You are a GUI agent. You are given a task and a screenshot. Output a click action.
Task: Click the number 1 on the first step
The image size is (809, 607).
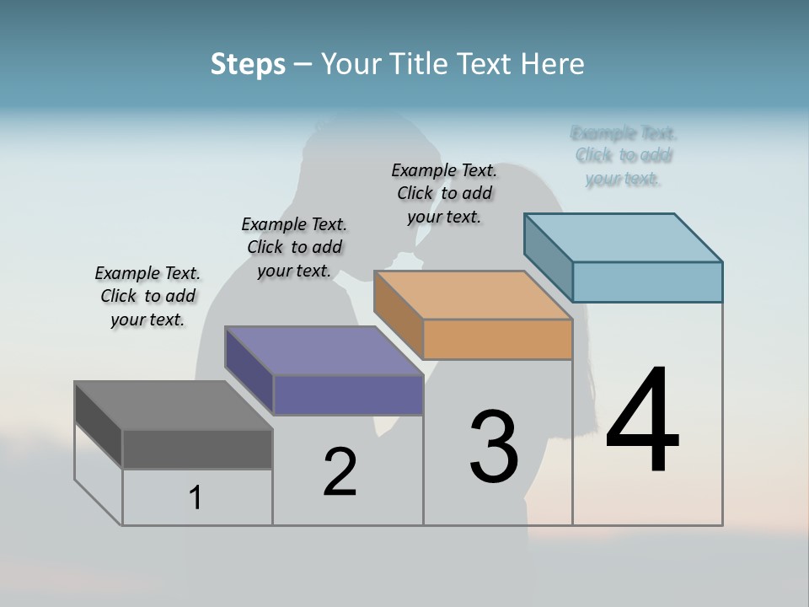196,497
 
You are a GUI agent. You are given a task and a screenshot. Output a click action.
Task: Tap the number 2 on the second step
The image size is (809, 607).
340,472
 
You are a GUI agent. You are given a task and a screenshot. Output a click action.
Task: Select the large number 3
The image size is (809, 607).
494,447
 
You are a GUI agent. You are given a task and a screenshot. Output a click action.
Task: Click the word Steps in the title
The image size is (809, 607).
248,64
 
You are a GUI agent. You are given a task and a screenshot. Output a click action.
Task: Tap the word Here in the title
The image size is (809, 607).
554,64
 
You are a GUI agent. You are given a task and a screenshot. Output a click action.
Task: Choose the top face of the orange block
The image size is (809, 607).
473,295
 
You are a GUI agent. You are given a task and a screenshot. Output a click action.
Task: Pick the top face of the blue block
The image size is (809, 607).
623,238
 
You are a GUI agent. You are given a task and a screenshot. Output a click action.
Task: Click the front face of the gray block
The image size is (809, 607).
197,449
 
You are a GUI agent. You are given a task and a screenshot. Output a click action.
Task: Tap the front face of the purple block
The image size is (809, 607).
348,395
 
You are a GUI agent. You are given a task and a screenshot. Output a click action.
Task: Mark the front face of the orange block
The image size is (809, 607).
497,339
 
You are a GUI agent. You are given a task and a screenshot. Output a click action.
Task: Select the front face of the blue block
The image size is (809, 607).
647,282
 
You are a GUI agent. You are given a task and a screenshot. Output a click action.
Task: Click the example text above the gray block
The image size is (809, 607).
147,296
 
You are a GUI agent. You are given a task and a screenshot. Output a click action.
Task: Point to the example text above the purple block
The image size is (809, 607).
294,247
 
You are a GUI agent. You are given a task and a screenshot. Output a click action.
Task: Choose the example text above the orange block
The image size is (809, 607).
444,193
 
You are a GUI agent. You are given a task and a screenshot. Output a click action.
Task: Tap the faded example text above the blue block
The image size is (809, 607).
624,155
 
